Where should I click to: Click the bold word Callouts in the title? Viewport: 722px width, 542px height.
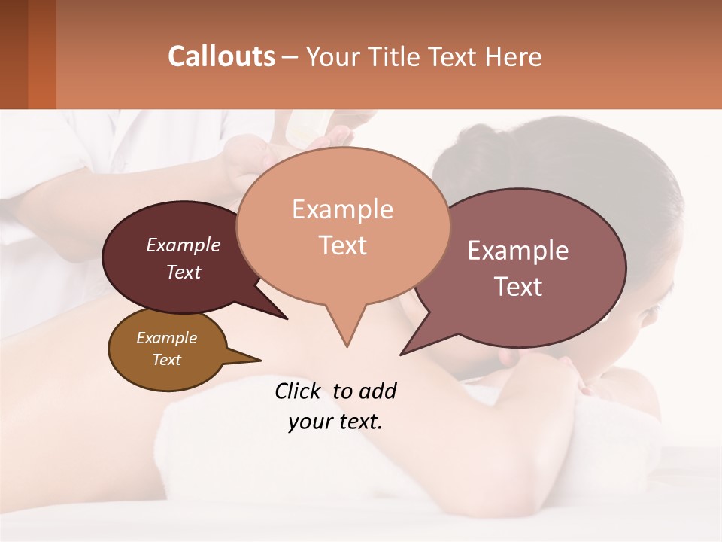(221, 56)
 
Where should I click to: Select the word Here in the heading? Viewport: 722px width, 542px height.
(513, 57)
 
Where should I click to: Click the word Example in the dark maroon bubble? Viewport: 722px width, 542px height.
(184, 245)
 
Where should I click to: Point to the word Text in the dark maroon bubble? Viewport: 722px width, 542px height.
(184, 272)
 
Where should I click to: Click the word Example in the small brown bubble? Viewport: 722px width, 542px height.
(166, 338)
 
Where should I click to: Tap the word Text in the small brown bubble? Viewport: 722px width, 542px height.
(166, 360)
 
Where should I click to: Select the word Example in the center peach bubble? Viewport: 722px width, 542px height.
(342, 209)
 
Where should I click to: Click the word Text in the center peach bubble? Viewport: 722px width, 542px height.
(342, 245)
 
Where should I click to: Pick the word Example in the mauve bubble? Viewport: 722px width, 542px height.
(518, 251)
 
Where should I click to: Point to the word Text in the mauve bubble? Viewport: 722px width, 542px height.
(518, 287)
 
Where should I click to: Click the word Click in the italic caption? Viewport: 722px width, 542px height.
(299, 391)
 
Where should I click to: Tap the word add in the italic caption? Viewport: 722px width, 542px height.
(378, 391)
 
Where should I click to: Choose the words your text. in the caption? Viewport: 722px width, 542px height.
(335, 422)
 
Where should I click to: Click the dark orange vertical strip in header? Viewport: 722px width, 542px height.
(42, 54)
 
